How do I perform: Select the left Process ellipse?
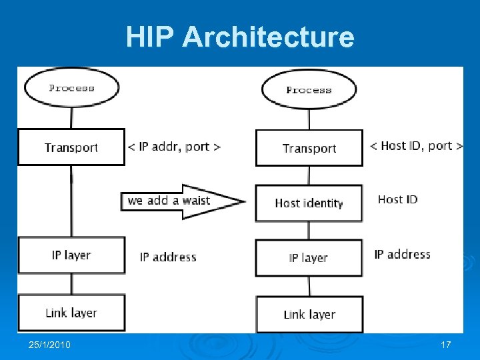click(71, 87)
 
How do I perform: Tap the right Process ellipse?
click(309, 89)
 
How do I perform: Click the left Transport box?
click(71, 147)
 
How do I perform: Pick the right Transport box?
click(309, 148)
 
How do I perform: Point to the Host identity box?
click(309, 203)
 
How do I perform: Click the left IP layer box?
click(71, 255)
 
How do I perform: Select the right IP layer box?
click(309, 257)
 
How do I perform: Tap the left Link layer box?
click(71, 313)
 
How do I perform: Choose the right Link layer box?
click(309, 314)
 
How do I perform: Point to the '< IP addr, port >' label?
click(174, 147)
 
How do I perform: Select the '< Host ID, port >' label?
click(416, 145)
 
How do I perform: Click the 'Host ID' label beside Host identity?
click(397, 199)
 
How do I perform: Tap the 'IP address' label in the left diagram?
click(168, 257)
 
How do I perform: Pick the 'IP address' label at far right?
click(402, 254)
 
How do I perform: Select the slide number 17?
click(446, 345)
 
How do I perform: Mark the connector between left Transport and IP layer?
click(72, 200)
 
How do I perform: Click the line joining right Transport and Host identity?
click(309, 175)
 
